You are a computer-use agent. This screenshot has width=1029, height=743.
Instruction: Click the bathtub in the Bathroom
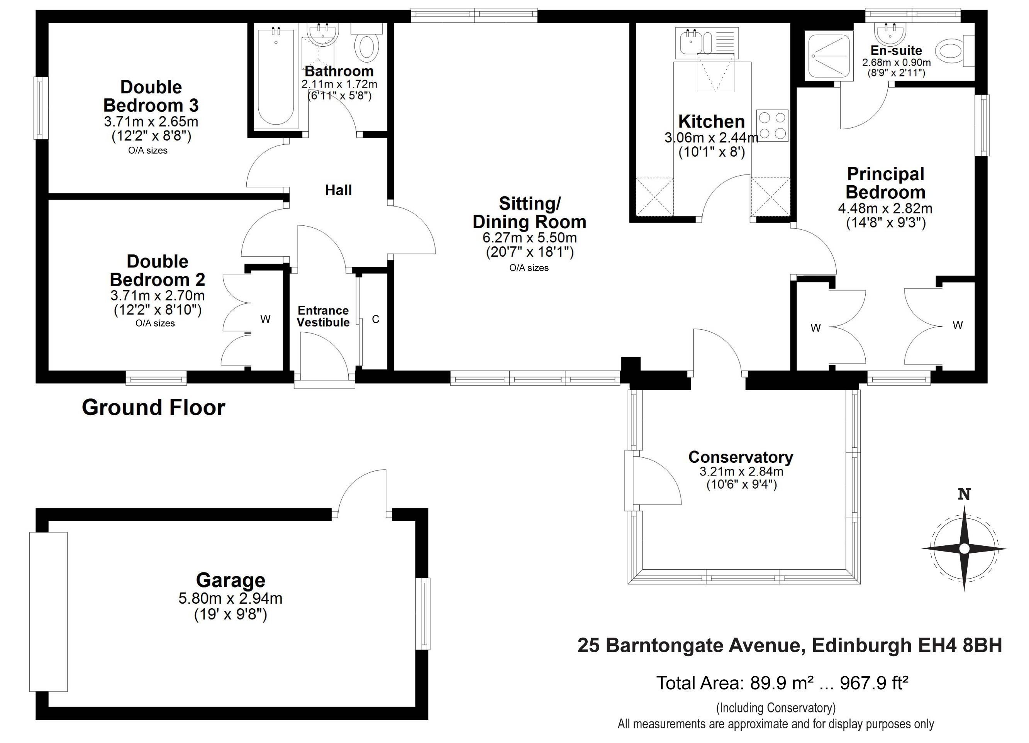point(276,76)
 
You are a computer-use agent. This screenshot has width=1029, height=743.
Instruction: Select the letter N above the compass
point(964,494)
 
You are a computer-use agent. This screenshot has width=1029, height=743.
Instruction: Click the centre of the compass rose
point(965,549)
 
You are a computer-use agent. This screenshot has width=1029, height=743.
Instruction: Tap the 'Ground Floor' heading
point(153,407)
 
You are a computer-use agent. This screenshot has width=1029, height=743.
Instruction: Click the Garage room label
point(231,580)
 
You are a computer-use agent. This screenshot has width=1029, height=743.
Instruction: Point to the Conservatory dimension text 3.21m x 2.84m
point(741,471)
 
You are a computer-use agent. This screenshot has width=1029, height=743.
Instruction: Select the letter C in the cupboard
point(376,319)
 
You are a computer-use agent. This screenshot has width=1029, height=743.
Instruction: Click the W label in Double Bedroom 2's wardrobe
point(265,319)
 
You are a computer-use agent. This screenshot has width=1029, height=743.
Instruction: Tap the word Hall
point(339,190)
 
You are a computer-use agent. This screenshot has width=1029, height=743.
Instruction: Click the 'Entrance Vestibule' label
point(323,316)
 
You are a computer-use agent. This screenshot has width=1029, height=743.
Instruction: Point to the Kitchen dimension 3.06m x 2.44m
point(711,137)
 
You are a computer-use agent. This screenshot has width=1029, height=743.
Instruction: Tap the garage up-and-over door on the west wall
point(49,611)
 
